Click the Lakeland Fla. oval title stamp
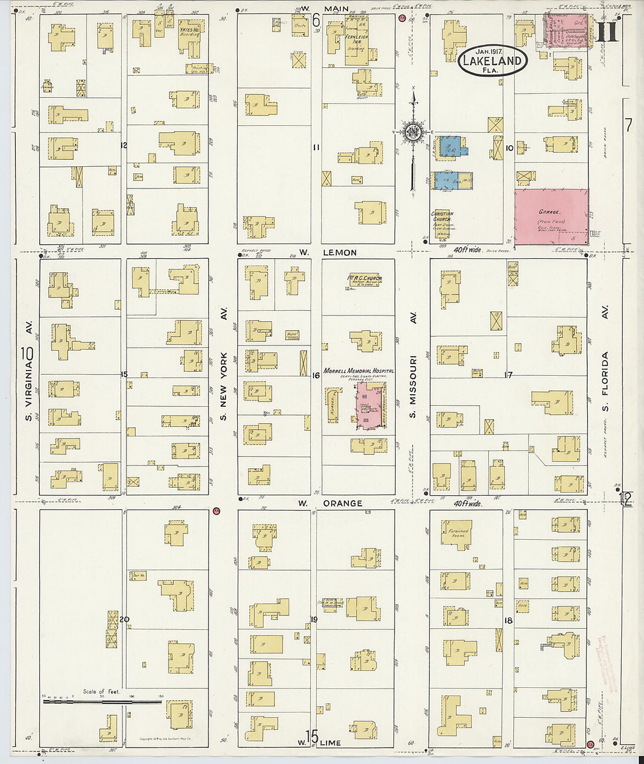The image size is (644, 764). (492, 60)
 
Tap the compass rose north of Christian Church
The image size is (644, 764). (413, 132)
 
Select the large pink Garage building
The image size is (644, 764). (551, 216)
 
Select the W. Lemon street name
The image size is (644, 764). (328, 253)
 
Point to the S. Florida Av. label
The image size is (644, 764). (605, 372)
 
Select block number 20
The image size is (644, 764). (124, 619)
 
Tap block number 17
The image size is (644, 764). (509, 375)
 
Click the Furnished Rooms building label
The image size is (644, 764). (458, 533)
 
